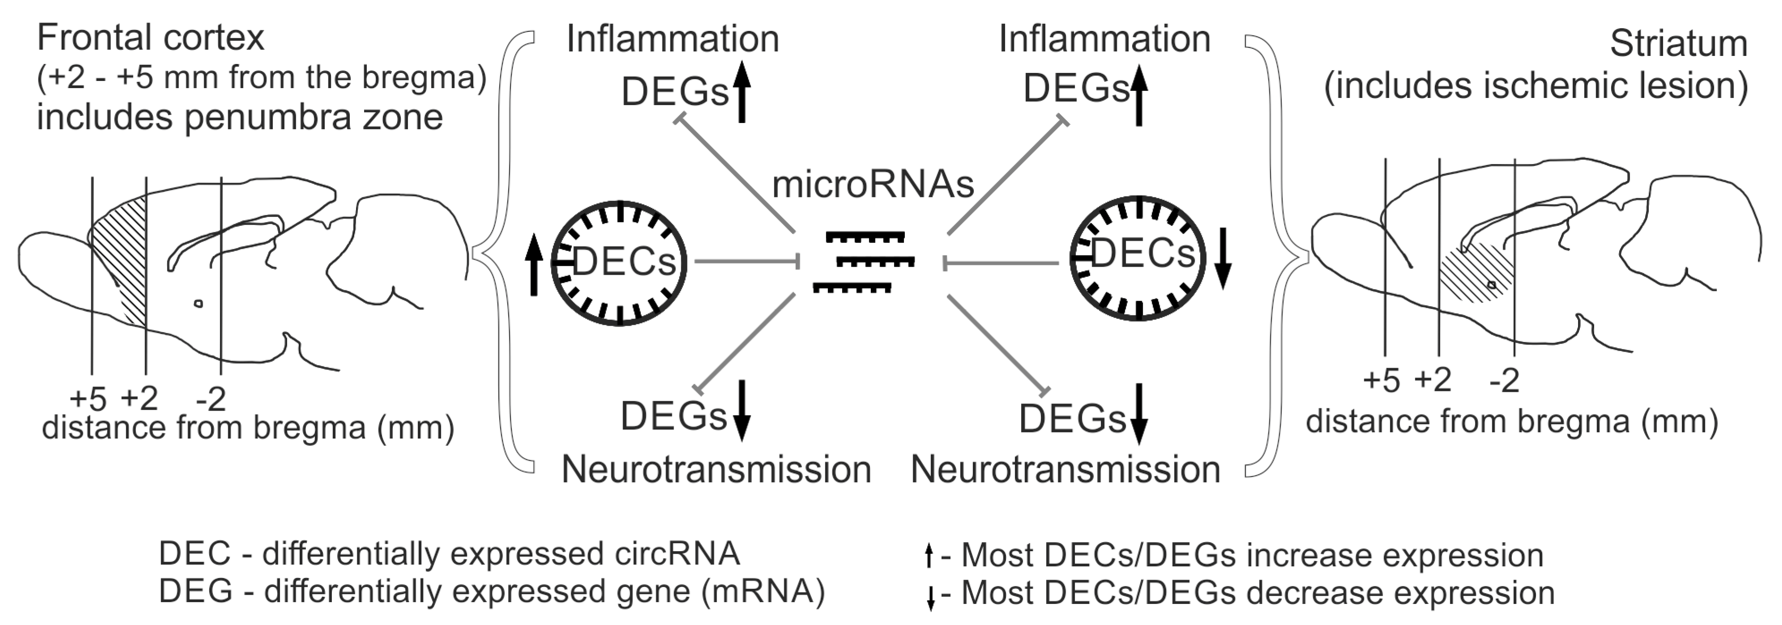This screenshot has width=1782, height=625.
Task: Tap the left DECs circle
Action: point(619,263)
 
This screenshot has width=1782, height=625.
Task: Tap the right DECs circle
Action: point(1138,258)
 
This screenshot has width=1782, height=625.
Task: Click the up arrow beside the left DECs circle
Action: point(533,265)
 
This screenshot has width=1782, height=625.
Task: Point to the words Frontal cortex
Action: point(150,38)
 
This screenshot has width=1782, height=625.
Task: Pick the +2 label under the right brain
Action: point(1432,380)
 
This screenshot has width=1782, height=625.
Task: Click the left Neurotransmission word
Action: point(716,470)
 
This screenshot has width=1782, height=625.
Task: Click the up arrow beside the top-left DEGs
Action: point(742,91)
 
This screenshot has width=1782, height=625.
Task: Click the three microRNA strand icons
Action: point(865,262)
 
